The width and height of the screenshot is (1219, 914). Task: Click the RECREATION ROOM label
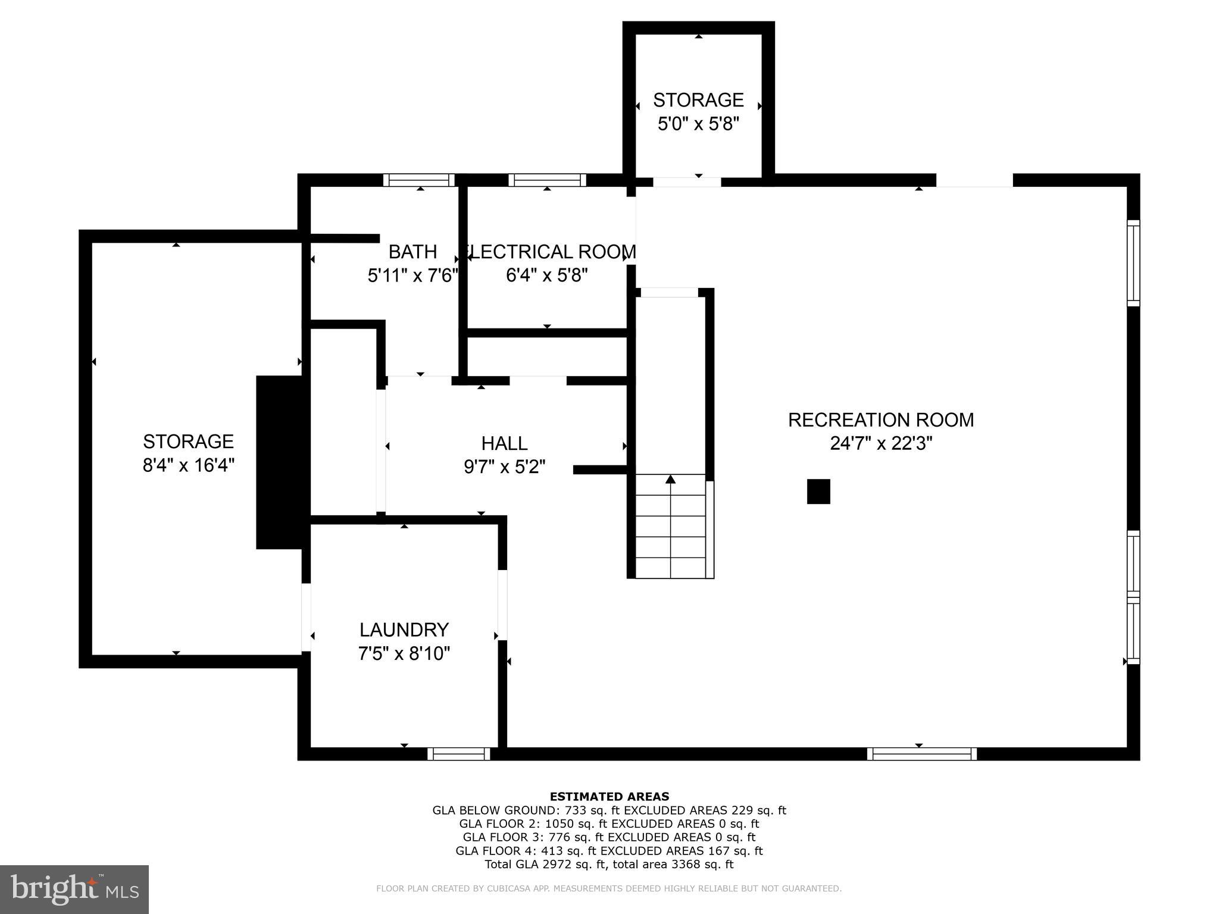coord(880,420)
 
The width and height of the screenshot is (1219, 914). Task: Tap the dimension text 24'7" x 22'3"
coord(880,444)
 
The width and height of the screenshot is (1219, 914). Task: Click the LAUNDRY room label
coord(404,630)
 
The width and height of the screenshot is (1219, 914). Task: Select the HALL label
coord(504,443)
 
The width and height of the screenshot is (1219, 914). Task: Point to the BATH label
coord(412,252)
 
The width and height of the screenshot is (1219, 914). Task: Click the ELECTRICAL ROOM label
coord(549,252)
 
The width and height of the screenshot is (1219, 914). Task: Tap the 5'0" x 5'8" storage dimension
coord(698,124)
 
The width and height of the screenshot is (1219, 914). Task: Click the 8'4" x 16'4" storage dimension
coord(188,465)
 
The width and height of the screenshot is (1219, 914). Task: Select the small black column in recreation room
coord(818,492)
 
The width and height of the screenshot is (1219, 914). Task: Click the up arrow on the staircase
coord(671,480)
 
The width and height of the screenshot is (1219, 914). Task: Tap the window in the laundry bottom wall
coord(459,754)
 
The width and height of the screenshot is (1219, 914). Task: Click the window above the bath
coord(418,180)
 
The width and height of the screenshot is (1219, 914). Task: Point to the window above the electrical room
coord(547,180)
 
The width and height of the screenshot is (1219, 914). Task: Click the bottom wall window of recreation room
coord(921,754)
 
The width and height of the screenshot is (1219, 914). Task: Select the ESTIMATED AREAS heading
coord(609,797)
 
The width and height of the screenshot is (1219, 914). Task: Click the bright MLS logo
coord(74,889)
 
